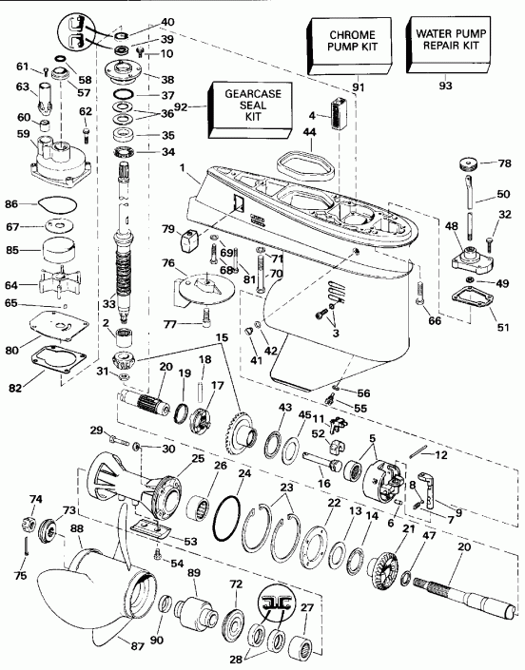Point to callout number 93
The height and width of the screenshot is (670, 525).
(x=443, y=87)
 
